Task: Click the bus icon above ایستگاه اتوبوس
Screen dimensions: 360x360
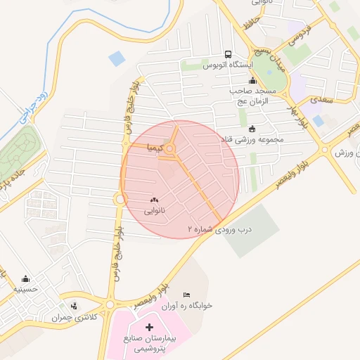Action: tap(227, 55)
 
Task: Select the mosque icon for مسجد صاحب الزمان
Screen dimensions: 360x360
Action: tap(252, 81)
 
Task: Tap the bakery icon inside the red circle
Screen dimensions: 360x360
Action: tap(154, 200)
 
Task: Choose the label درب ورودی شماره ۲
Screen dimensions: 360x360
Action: tap(219, 229)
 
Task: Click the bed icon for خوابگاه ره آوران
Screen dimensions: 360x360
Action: tap(186, 295)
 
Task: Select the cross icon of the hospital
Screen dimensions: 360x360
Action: tap(149, 327)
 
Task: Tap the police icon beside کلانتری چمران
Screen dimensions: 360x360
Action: tap(75, 305)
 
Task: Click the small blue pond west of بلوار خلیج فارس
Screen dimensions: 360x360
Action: tap(117, 60)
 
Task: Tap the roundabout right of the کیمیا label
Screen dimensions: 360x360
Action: tap(171, 148)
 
